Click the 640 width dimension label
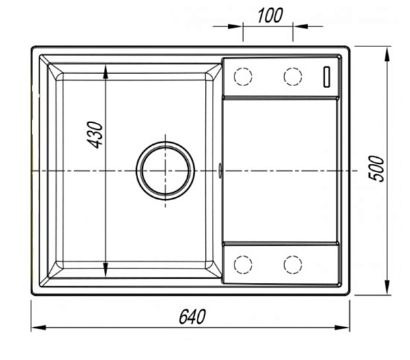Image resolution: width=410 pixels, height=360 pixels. coord(192,316)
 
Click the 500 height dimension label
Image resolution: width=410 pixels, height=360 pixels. coord(377,168)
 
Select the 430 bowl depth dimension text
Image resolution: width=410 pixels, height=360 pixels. coord(94,135)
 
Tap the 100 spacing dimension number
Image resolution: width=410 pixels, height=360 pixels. coord(270,16)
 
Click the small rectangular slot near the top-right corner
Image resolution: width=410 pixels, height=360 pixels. coord(327,77)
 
